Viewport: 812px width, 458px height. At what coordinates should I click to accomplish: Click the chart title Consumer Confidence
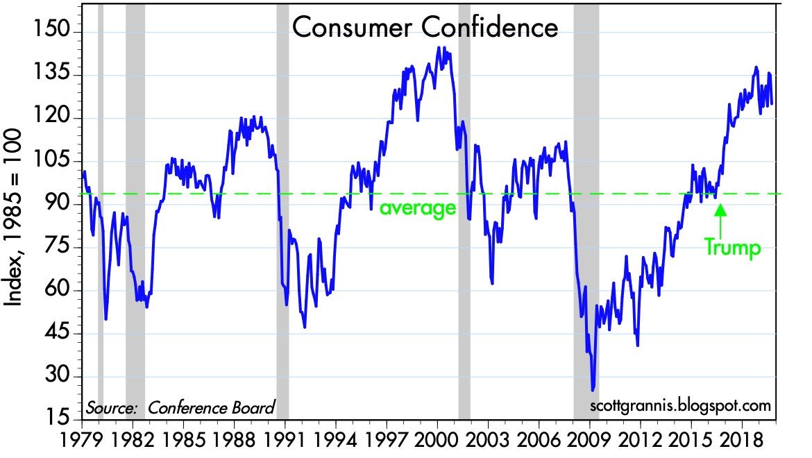(x=424, y=28)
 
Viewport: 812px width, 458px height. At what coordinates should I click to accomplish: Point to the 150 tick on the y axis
(x=53, y=32)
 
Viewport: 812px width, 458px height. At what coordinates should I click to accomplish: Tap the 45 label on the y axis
(x=53, y=334)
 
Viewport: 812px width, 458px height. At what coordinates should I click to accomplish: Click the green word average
(x=417, y=207)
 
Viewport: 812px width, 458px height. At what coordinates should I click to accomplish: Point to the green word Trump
(x=731, y=247)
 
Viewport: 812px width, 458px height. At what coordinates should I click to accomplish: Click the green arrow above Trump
(x=720, y=217)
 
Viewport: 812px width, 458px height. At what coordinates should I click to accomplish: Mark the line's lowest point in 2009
(x=593, y=390)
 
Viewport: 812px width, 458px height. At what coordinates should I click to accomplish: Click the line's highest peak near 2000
(x=439, y=47)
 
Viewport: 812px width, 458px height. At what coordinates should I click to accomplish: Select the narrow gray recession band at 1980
(x=101, y=208)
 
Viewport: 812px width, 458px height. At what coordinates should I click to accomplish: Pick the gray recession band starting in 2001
(x=464, y=208)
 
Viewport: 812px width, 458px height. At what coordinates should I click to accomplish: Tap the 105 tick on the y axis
(x=53, y=161)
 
